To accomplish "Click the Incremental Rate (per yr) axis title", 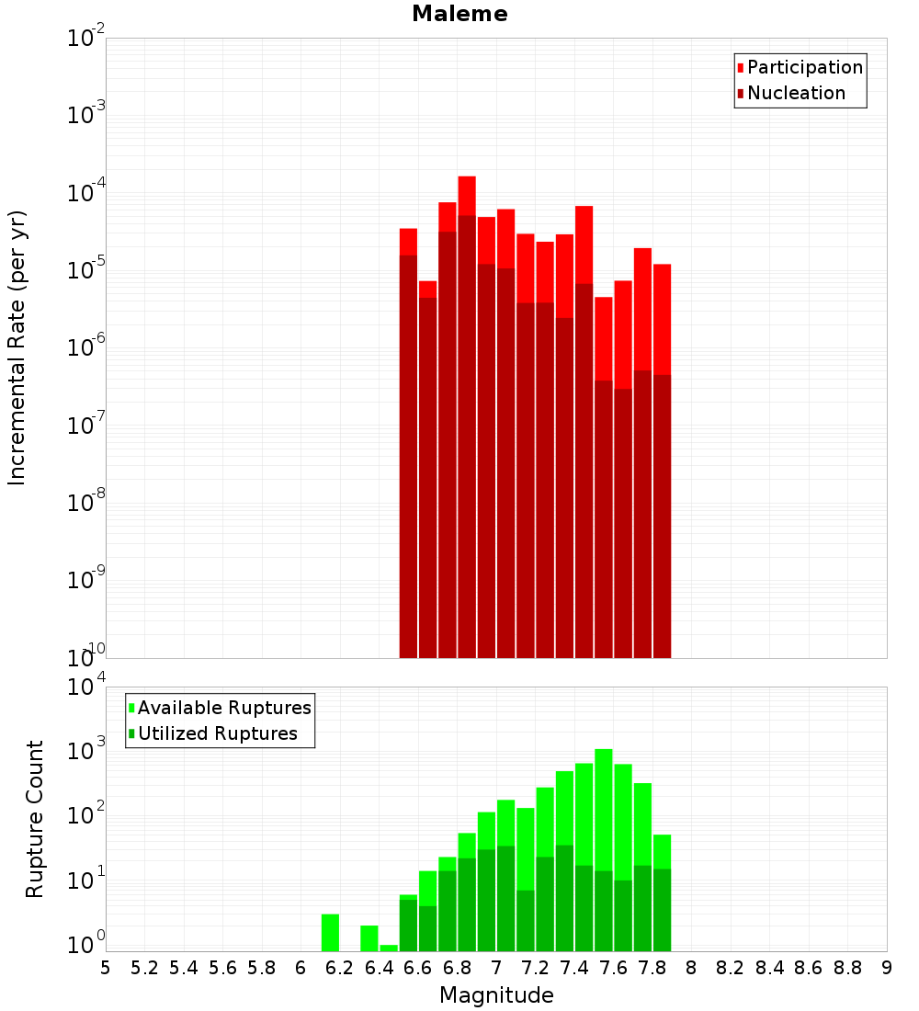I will click(17, 347).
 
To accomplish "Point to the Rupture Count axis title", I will click(35, 819).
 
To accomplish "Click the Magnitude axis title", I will click(496, 995).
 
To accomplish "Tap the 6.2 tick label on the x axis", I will click(339, 968).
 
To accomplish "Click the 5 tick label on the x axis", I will click(106, 968).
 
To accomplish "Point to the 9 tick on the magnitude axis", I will click(887, 968).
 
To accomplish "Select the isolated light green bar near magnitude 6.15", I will click(331, 932).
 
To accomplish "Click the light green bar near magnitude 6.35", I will click(369, 937).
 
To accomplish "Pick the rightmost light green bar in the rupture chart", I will click(663, 850).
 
